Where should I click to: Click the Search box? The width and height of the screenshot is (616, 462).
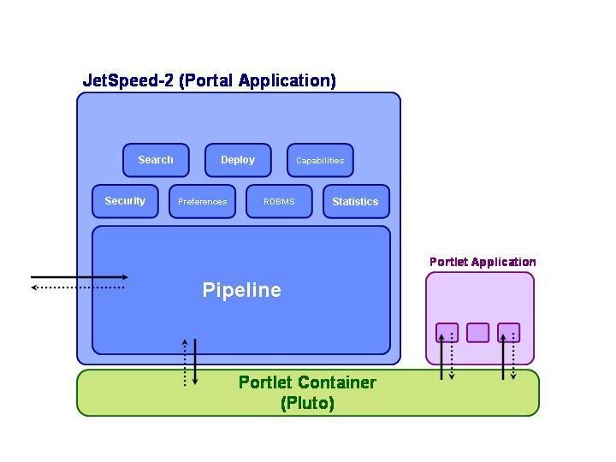coord(155,160)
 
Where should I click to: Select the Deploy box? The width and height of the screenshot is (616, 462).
coord(238,160)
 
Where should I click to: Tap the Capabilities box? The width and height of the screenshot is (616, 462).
coord(320,160)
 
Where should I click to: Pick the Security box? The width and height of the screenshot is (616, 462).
coord(125,201)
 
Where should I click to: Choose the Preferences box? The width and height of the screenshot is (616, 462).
coord(202,202)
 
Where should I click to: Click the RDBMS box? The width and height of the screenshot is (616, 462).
coord(279,202)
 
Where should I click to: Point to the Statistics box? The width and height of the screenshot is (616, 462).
coord(355,202)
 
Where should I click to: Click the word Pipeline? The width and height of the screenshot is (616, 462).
coord(241,290)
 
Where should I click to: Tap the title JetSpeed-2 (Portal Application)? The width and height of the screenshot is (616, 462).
coord(209,80)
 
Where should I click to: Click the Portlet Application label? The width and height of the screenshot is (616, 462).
coord(483,262)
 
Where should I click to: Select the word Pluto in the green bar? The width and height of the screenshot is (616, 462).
coord(307,403)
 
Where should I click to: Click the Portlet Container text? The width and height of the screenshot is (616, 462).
coord(307,382)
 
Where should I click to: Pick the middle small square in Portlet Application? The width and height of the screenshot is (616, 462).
coord(478,332)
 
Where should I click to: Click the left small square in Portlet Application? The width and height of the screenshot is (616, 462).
coord(447,332)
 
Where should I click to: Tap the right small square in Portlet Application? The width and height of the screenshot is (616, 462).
coord(509,332)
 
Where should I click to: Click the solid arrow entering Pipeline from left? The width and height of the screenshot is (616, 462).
coord(79,277)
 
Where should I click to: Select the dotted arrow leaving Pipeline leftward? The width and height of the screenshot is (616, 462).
coord(79,287)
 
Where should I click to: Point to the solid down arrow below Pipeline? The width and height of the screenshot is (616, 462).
coord(195,362)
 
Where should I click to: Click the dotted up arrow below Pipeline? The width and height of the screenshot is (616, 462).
coord(185,362)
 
